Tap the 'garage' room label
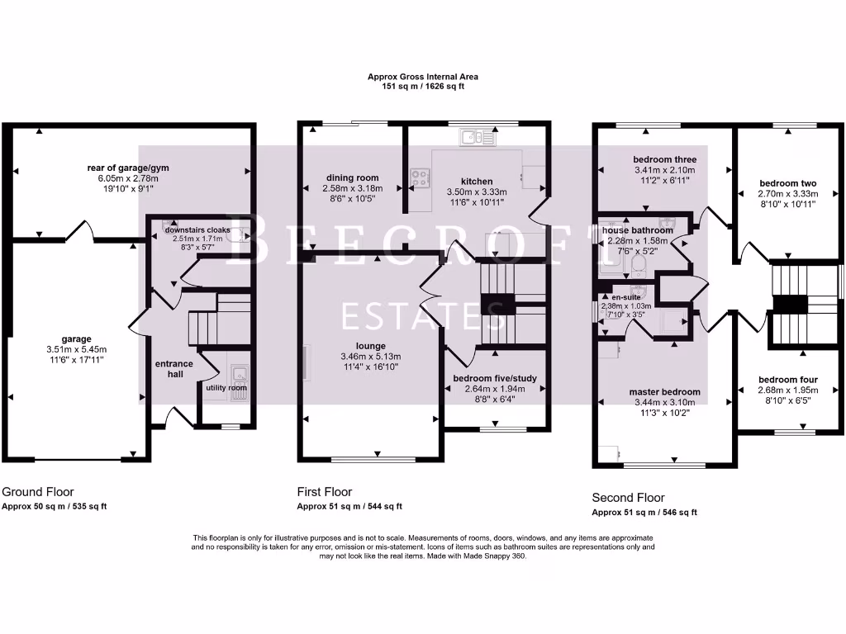(76, 338)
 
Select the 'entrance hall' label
(174, 369)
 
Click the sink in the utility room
(238, 381)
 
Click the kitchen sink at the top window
(477, 138)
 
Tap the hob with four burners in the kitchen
(419, 175)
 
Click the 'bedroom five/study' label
(495, 379)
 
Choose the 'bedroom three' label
(664, 159)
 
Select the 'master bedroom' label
(664, 392)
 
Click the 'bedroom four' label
(787, 380)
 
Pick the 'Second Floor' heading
(628, 498)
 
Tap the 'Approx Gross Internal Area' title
(422, 77)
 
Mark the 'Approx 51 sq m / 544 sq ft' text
(349, 507)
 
